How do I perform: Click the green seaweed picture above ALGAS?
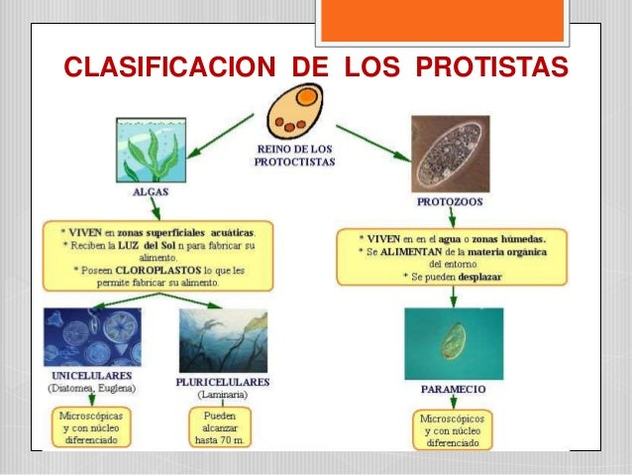click(x=151, y=149)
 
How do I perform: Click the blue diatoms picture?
click(x=92, y=340)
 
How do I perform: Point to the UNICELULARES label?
click(x=92, y=379)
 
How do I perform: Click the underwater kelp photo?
click(x=224, y=340)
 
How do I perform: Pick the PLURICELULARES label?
click(x=223, y=381)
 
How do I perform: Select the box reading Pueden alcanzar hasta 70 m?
click(x=220, y=425)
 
